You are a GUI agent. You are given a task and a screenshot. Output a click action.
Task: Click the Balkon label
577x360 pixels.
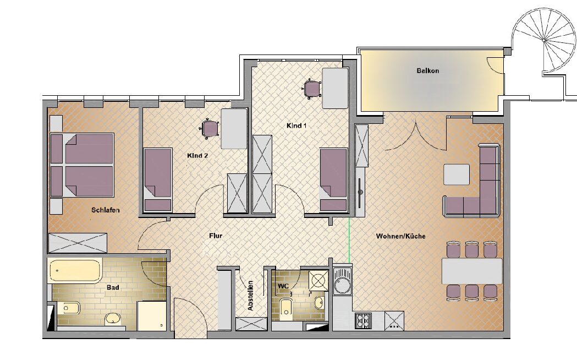[x=427, y=70]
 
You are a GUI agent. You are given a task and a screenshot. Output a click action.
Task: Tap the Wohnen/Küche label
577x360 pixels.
[x=401, y=236]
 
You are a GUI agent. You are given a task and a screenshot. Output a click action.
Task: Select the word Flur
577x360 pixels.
[x=216, y=236]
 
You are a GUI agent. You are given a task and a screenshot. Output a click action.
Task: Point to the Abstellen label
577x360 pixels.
[x=251, y=296]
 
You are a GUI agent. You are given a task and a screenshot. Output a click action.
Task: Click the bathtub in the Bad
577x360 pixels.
[x=75, y=271]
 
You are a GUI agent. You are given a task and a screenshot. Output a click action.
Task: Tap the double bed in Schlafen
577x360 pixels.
[x=82, y=165]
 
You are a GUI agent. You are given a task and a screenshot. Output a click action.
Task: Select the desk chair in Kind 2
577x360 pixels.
[x=210, y=128]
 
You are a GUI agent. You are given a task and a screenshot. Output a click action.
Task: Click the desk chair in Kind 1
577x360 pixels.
[x=312, y=89]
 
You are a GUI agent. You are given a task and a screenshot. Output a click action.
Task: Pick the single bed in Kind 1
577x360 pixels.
[x=333, y=179]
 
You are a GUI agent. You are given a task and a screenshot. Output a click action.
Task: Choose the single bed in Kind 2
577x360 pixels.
[x=157, y=179]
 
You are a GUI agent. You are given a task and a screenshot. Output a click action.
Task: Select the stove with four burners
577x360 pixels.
[x=364, y=320]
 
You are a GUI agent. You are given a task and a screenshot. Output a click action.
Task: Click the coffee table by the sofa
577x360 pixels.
[x=457, y=174]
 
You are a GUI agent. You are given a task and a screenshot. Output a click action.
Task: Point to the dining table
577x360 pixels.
[x=472, y=271]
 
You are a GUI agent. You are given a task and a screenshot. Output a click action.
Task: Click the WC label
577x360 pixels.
[x=283, y=286]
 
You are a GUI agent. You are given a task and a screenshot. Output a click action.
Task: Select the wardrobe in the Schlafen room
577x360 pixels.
[x=78, y=243]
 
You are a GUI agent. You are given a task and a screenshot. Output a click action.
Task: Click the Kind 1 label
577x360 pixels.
[x=296, y=126]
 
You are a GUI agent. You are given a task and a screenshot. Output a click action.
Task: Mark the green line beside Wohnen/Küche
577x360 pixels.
[x=349, y=241]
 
